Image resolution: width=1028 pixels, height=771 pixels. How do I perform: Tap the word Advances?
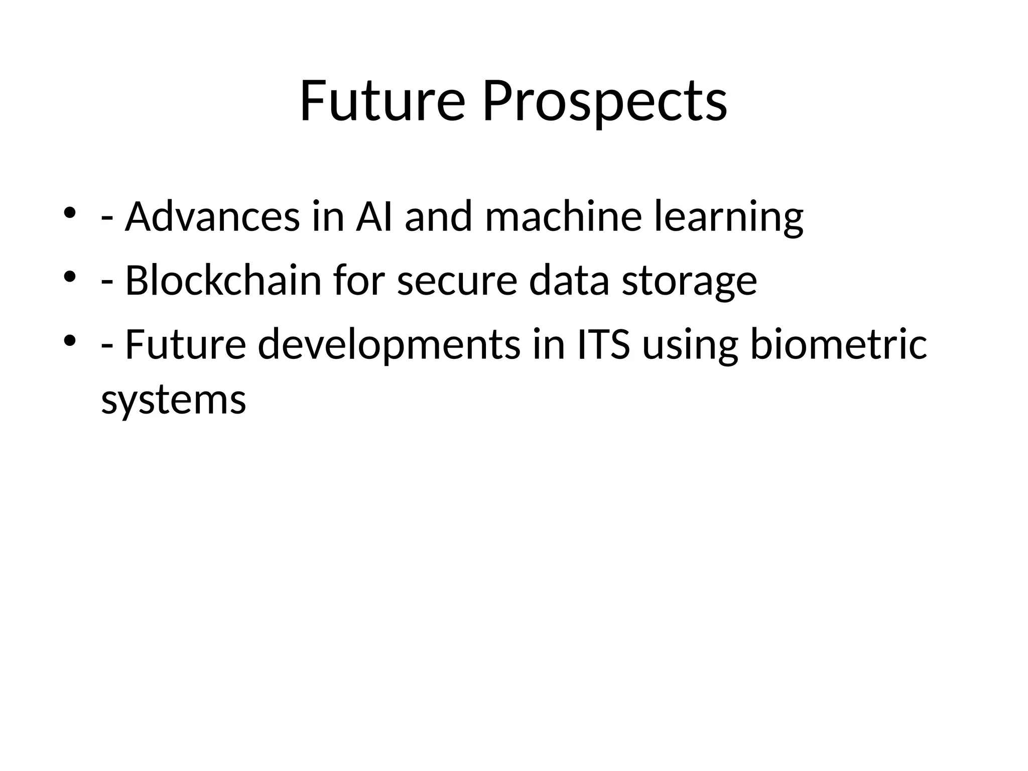pos(212,217)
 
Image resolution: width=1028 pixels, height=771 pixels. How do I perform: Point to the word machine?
pos(563,217)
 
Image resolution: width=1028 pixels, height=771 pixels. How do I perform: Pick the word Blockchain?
pos(223,281)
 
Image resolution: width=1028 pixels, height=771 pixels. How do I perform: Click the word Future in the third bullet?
pos(185,344)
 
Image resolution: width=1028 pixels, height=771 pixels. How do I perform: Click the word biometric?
pos(838,344)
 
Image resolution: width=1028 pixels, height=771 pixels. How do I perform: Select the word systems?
pos(174,401)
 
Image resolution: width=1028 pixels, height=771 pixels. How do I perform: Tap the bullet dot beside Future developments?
pos(69,340)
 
